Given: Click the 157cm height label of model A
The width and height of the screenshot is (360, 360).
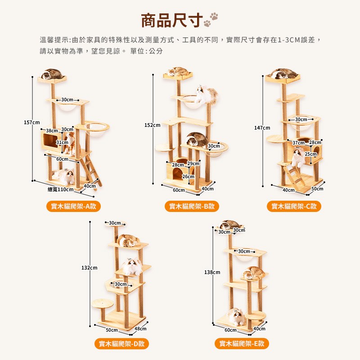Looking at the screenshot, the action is tap(31, 122).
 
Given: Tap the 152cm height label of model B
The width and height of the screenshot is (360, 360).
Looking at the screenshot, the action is tap(152, 125).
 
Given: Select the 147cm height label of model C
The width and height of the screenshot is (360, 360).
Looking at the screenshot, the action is tap(262, 128).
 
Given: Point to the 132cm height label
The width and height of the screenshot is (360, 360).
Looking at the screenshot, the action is tap(89, 268).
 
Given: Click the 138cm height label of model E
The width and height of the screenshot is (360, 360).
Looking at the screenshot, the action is tap(212, 272).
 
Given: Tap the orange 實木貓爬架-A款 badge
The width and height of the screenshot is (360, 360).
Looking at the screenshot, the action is tap(73, 206).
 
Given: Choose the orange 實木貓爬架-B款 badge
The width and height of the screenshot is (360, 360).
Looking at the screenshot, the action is tap(192, 206).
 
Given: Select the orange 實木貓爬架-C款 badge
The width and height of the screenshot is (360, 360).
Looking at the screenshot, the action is tap(294, 206).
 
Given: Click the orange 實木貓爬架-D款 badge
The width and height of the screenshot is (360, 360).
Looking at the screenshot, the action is tap(121, 344).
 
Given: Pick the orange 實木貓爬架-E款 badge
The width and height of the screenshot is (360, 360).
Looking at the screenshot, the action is tap(242, 344).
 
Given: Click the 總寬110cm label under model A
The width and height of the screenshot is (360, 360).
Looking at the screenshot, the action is tap(61, 189).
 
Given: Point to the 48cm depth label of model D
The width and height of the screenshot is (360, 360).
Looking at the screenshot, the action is tap(140, 328).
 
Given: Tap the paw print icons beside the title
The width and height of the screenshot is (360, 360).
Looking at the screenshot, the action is tap(211, 19).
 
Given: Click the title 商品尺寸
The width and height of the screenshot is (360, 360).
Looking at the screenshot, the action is tap(172, 20).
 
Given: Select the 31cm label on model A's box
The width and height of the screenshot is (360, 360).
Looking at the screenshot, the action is tap(63, 142).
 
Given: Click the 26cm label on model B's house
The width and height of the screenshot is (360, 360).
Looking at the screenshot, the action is tap(188, 176).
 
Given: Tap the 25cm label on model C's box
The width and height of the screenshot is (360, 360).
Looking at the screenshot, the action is tap(310, 154).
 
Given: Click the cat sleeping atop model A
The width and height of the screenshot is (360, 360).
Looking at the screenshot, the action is tap(52, 73).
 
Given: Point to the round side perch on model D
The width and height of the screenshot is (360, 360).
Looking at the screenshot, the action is tap(103, 304).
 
